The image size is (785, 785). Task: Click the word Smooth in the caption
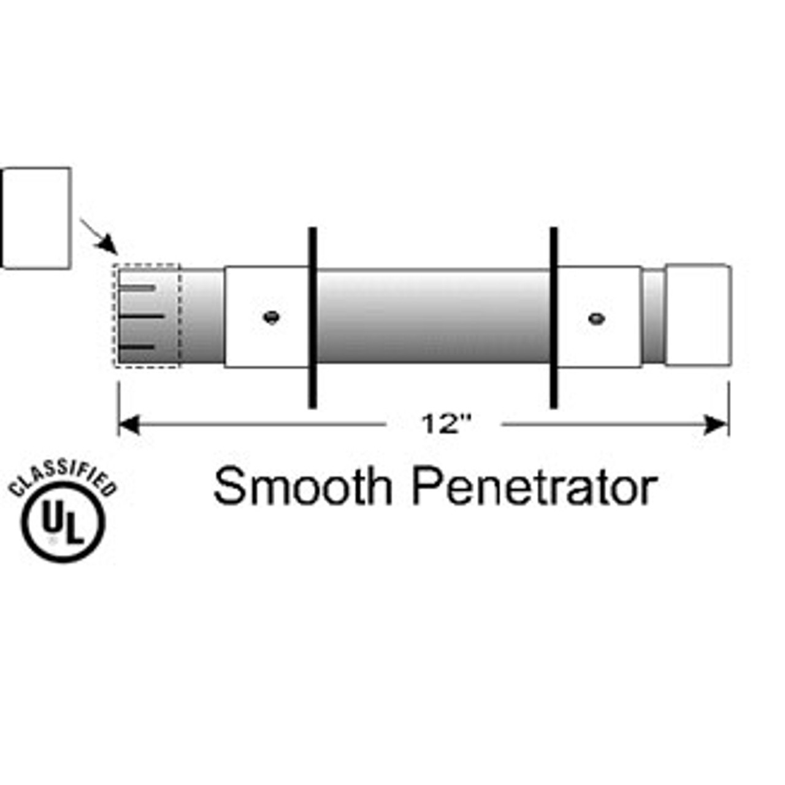[303, 486]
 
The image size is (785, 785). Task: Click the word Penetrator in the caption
[534, 486]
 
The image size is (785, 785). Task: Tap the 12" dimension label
[446, 424]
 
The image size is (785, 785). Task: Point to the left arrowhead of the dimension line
[129, 424]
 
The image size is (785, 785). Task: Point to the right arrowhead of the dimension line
[716, 424]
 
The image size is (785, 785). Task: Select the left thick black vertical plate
[312, 318]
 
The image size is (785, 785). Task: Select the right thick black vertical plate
[553, 318]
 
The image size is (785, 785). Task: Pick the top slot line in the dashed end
[137, 288]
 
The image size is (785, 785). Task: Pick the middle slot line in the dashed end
[141, 316]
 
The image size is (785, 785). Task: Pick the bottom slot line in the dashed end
[137, 347]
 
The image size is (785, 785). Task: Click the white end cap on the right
[699, 315]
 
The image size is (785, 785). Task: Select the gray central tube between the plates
[433, 316]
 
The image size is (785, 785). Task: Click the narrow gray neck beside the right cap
[653, 316]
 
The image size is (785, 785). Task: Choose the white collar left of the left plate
[266, 316]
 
